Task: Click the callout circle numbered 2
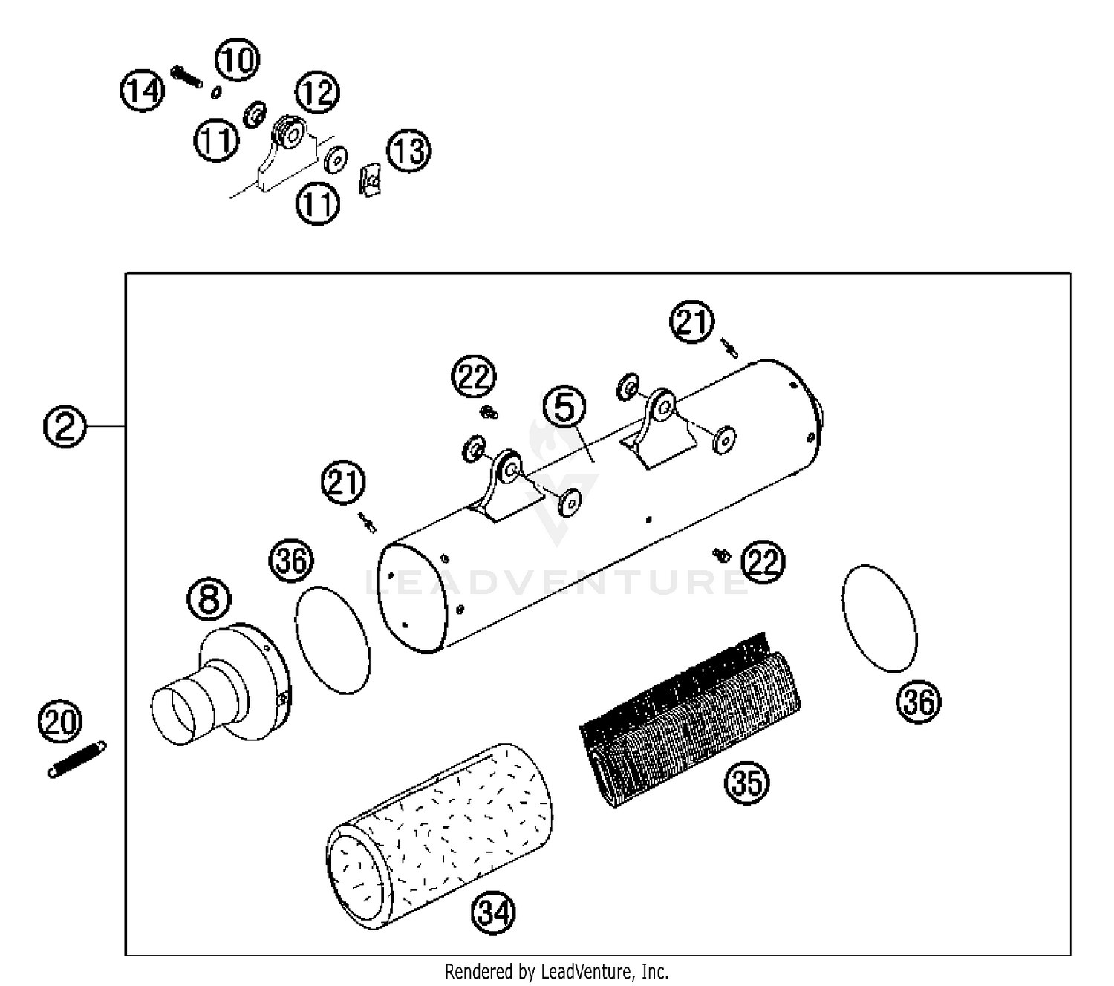click(x=65, y=426)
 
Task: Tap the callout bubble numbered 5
click(x=564, y=408)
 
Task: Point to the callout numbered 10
click(x=237, y=59)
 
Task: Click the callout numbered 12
click(x=317, y=92)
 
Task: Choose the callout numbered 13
click(x=409, y=151)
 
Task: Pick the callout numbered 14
click(x=143, y=91)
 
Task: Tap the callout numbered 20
click(x=60, y=721)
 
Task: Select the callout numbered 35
click(x=746, y=783)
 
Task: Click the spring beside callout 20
click(x=76, y=759)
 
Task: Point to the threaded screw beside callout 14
click(x=186, y=76)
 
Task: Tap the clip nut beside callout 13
click(x=370, y=180)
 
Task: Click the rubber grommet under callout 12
click(x=290, y=133)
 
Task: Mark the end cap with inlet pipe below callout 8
click(x=221, y=685)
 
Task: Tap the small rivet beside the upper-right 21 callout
click(x=729, y=348)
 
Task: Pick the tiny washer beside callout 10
click(x=216, y=92)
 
